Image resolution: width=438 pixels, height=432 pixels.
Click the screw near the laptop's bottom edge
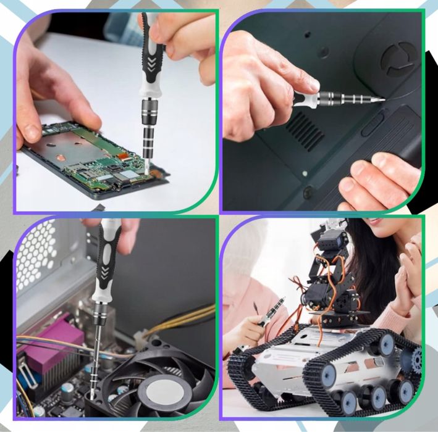coord(307,193)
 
